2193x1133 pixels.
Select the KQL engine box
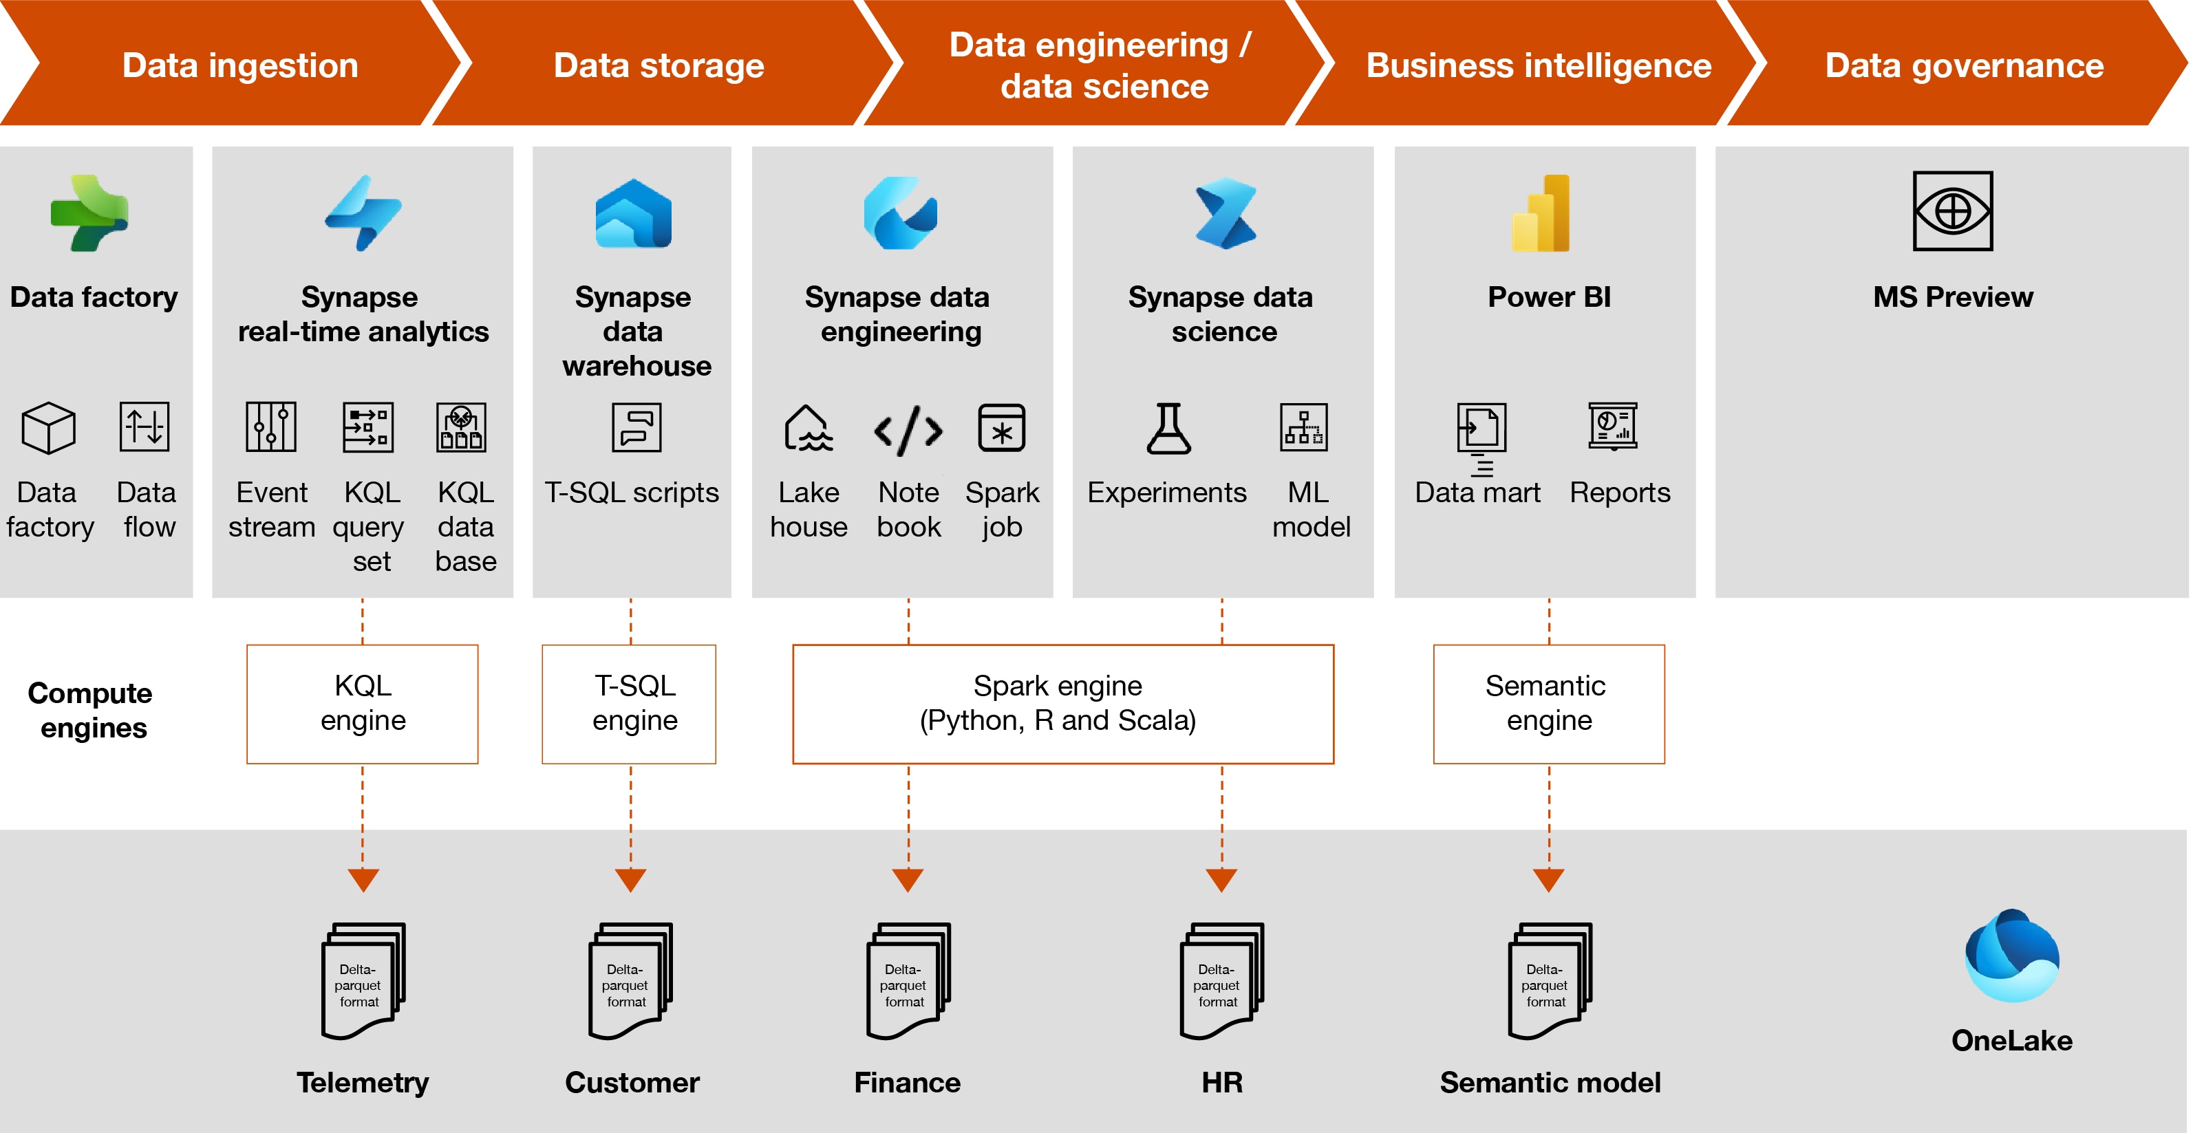[362, 703]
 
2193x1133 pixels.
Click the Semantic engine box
[1548, 703]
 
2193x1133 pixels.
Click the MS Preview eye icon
[1952, 211]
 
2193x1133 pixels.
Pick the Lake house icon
[807, 427]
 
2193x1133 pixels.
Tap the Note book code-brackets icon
[908, 430]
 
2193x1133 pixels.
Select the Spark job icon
[1001, 427]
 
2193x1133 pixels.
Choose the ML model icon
[1303, 427]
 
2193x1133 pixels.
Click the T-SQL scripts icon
[636, 427]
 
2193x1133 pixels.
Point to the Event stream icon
[270, 427]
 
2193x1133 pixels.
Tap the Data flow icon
[145, 426]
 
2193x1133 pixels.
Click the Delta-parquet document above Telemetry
[363, 981]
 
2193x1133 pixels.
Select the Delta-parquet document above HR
[1221, 981]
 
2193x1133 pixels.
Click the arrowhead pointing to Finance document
[908, 880]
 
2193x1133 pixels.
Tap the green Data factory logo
[89, 213]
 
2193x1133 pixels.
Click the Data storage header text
[658, 65]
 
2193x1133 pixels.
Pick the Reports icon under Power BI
[1612, 426]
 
